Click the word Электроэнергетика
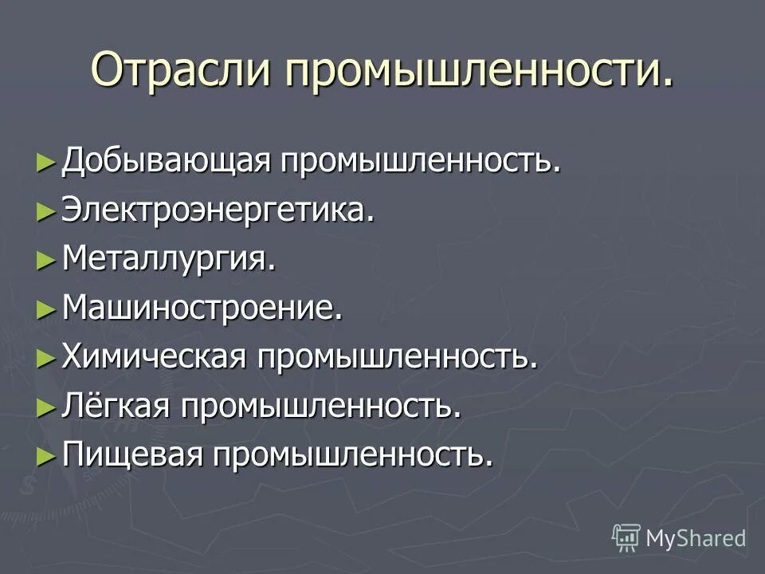click(x=218, y=210)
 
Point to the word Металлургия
click(x=169, y=259)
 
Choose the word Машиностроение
click(x=202, y=308)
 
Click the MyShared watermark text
click(x=696, y=538)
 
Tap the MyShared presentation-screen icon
click(x=626, y=537)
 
